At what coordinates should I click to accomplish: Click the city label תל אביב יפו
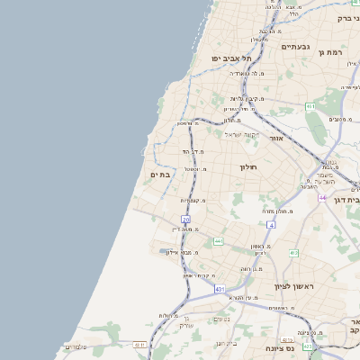click(x=229, y=58)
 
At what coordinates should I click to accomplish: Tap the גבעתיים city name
click(x=295, y=46)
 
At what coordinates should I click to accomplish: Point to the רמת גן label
click(x=333, y=53)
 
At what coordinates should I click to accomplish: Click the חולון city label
click(x=248, y=167)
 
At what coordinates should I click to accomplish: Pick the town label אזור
click(x=276, y=139)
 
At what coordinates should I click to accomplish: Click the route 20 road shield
click(x=186, y=219)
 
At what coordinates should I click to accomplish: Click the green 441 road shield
click(x=219, y=241)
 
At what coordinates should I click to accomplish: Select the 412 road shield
click(x=293, y=253)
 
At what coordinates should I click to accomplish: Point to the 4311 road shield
click(x=139, y=344)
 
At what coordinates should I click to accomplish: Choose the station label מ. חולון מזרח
click(x=280, y=210)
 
